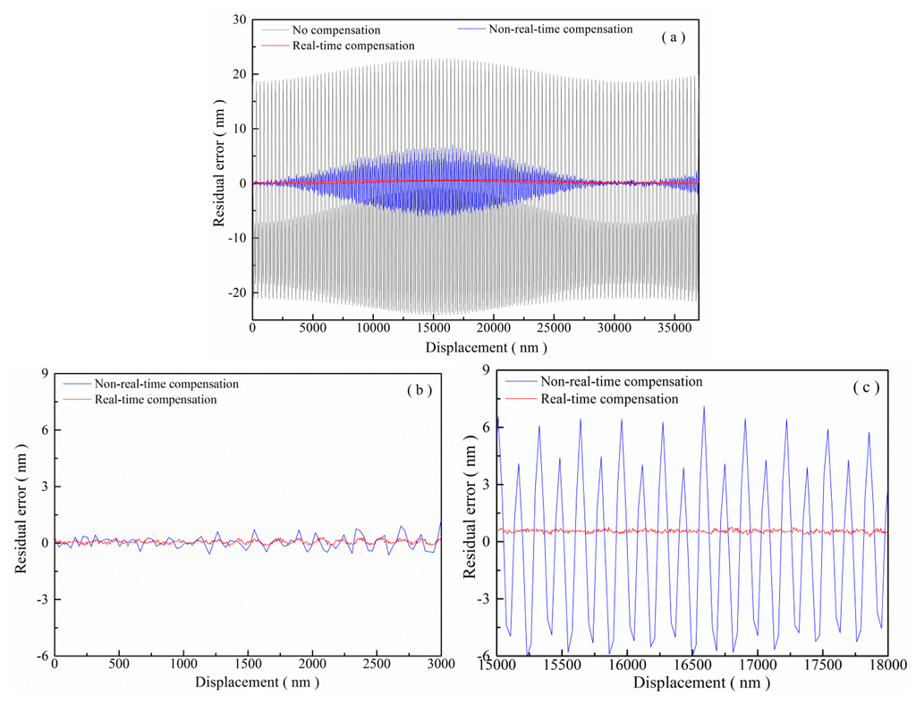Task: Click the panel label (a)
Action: [x=673, y=38]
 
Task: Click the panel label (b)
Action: [x=416, y=390]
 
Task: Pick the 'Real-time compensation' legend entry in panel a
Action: [x=349, y=46]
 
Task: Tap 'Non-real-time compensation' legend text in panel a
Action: [x=560, y=29]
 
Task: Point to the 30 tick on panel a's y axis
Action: [x=239, y=19]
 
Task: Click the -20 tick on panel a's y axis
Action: [x=235, y=293]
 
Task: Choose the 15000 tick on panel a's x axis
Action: [x=433, y=329]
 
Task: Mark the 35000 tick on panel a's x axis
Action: [x=674, y=329]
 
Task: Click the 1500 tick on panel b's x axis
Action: [x=248, y=665]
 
